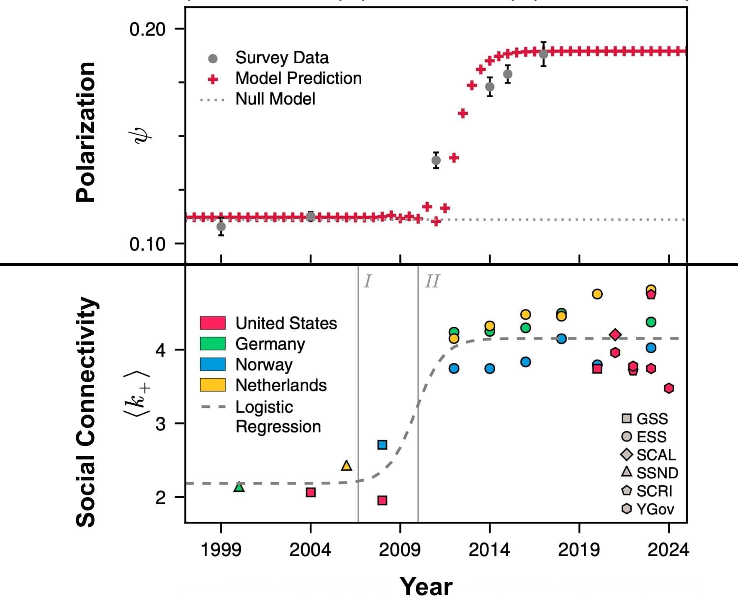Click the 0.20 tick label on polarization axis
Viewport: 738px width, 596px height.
(x=147, y=30)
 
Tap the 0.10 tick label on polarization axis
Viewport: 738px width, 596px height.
(x=147, y=244)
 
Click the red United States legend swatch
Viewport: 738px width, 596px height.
(x=213, y=323)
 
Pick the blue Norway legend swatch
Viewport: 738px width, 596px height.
(x=213, y=364)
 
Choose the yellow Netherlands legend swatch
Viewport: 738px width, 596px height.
(x=213, y=385)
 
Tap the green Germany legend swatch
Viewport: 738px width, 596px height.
(x=213, y=344)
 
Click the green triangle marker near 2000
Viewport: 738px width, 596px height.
(x=239, y=487)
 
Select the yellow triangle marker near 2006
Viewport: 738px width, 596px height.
(x=346, y=466)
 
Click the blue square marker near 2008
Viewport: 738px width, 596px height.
(x=382, y=445)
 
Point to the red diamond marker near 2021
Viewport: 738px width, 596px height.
(x=615, y=334)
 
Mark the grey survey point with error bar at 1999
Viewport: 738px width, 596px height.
(x=221, y=227)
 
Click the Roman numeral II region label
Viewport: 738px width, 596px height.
(x=432, y=282)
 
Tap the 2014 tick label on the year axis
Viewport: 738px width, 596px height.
(x=489, y=550)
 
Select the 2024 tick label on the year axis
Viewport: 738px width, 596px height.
(x=668, y=550)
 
